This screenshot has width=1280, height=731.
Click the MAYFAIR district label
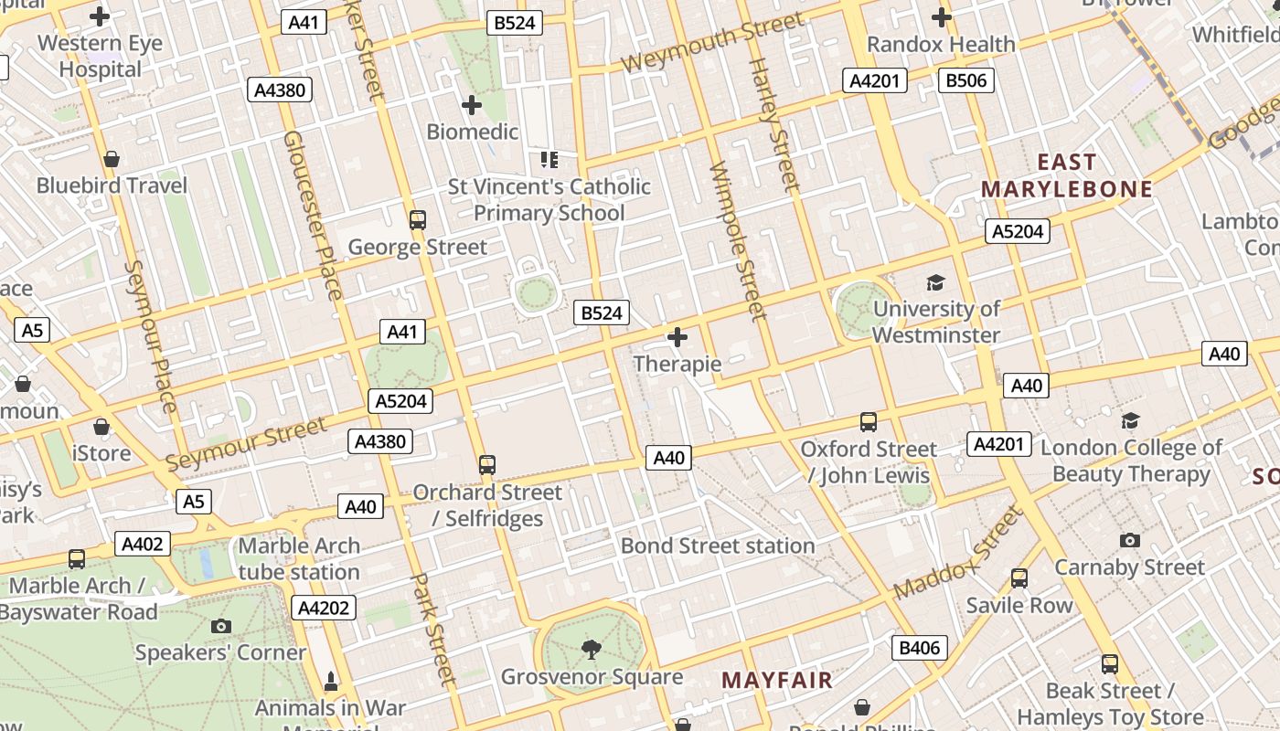point(777,680)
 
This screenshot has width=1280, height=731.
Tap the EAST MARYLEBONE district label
point(1067,176)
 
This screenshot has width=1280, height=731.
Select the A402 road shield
point(143,545)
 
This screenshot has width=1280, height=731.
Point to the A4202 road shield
point(325,608)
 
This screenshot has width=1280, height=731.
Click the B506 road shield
point(965,80)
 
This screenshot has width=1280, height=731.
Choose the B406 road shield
point(919,648)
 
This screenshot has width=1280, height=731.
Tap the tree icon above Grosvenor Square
point(592,650)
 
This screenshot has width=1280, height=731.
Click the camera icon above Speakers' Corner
point(220,626)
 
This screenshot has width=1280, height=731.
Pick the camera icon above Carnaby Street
point(1130,540)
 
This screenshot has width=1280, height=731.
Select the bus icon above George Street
point(418,219)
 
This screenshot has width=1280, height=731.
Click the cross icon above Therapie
point(677,338)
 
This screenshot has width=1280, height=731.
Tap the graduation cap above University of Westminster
point(935,282)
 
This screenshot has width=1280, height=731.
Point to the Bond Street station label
point(718,546)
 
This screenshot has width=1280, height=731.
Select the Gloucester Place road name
point(313,215)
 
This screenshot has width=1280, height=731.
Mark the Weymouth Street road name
point(714,42)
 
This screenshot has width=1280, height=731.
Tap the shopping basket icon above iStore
point(101,427)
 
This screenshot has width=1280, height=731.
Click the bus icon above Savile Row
point(1019,578)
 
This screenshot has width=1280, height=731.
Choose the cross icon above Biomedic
point(472,105)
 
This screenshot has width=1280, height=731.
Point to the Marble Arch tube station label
point(299,559)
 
